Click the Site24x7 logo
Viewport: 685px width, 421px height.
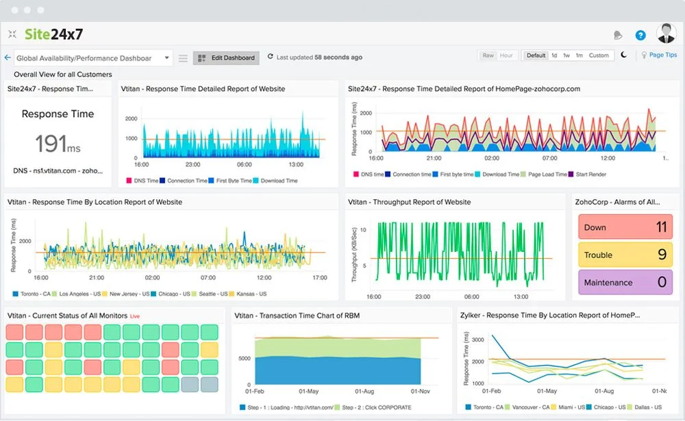[x=53, y=34]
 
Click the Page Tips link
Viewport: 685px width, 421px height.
[x=662, y=55]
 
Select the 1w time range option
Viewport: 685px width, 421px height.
[x=566, y=55]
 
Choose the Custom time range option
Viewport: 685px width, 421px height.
[x=598, y=55]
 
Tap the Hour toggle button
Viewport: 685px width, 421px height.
[x=506, y=55]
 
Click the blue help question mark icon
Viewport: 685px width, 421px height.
[x=640, y=35]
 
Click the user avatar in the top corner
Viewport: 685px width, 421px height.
[x=666, y=34]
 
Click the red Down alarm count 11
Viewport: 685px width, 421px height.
[x=661, y=227]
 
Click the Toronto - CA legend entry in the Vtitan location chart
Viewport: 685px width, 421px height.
[x=34, y=294]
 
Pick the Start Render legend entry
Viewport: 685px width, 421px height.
[x=591, y=175]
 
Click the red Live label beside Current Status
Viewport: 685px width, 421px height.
[x=135, y=316]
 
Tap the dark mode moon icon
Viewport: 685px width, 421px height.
[x=624, y=55]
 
